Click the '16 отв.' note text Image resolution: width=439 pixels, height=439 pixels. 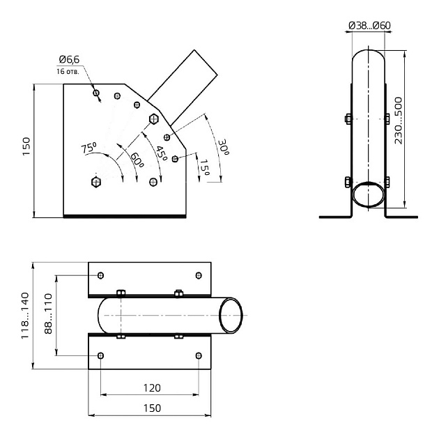click(x=68, y=71)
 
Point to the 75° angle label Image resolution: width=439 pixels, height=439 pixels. click(x=88, y=148)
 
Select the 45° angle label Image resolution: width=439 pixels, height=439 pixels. click(x=161, y=152)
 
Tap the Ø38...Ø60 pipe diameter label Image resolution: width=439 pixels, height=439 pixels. click(x=369, y=26)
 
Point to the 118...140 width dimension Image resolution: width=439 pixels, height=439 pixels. click(x=25, y=315)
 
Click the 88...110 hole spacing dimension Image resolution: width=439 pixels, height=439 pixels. click(x=48, y=314)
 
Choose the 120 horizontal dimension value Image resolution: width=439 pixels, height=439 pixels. click(x=152, y=387)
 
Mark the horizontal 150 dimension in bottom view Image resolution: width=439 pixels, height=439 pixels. click(x=152, y=408)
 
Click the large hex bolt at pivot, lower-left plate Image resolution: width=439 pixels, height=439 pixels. click(x=96, y=182)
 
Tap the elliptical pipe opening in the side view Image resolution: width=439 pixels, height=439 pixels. click(x=368, y=194)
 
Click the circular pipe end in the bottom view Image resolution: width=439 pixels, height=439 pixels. click(x=231, y=316)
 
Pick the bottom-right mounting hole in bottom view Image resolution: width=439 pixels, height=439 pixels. click(x=199, y=355)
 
